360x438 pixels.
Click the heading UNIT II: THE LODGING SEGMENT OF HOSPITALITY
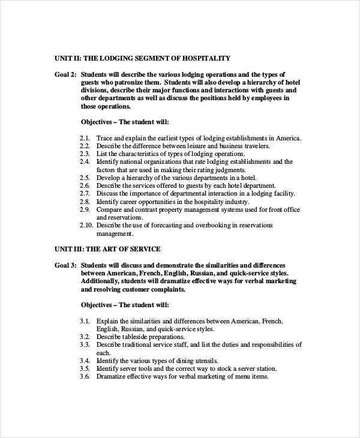pos(142,58)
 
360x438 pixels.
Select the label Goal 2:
pos(66,74)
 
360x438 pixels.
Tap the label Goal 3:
pos(66,265)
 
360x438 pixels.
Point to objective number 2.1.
pos(85,138)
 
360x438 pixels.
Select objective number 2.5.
pos(85,178)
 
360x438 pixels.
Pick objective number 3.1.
pos(85,321)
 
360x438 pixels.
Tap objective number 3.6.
pos(85,376)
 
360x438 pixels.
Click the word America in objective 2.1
pos(287,138)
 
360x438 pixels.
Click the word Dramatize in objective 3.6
pos(112,376)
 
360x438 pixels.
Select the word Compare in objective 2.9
pos(110,209)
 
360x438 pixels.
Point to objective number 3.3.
pos(85,344)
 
